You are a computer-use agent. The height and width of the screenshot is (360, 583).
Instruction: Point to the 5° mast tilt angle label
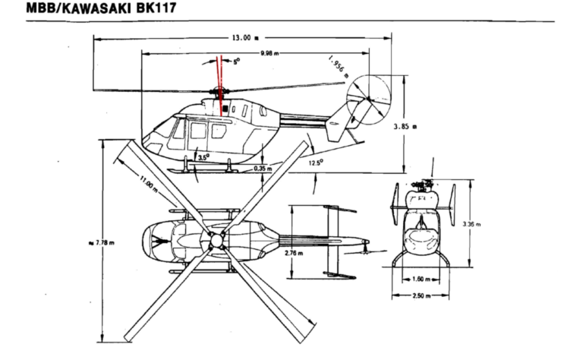click(x=236, y=62)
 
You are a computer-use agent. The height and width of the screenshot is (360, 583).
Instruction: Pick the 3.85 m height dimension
click(x=420, y=128)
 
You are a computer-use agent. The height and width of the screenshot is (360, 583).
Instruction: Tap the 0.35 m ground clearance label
click(x=263, y=169)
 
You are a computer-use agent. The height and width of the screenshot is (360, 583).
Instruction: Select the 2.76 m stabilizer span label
click(x=294, y=253)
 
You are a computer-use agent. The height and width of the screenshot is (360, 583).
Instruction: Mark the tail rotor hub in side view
click(x=367, y=99)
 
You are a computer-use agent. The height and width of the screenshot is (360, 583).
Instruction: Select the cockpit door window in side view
click(x=180, y=131)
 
